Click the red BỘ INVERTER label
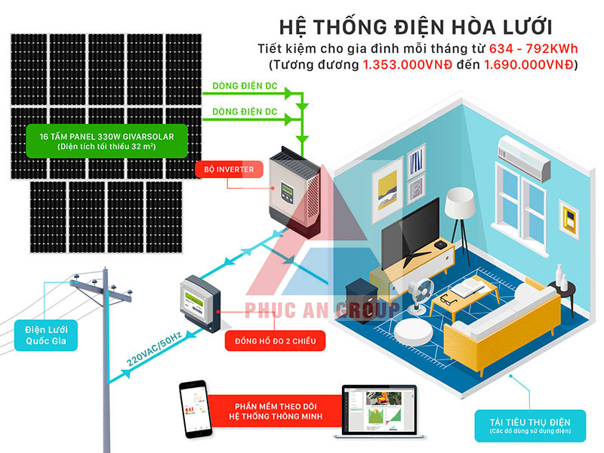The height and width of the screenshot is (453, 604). (x=230, y=169)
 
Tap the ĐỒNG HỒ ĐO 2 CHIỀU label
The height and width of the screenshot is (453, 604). (x=275, y=341)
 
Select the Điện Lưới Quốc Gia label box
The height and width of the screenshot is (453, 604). (x=46, y=335)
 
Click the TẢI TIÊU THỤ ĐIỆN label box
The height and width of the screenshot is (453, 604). (x=530, y=426)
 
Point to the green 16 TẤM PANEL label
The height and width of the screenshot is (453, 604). (x=106, y=141)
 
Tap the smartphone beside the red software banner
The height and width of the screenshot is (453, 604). (x=196, y=409)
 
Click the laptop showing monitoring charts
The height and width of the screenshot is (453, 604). (x=380, y=412)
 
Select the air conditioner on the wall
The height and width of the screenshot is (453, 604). (x=524, y=158)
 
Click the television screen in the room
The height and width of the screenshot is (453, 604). (x=410, y=233)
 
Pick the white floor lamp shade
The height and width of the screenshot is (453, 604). (x=460, y=202)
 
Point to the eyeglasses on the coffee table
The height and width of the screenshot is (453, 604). (x=448, y=298)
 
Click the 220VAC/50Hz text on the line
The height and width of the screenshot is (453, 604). (x=154, y=349)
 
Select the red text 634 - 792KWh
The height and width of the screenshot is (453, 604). (x=534, y=49)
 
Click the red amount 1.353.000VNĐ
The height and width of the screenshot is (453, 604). (x=408, y=65)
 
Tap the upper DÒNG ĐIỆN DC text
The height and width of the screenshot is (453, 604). (x=245, y=85)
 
